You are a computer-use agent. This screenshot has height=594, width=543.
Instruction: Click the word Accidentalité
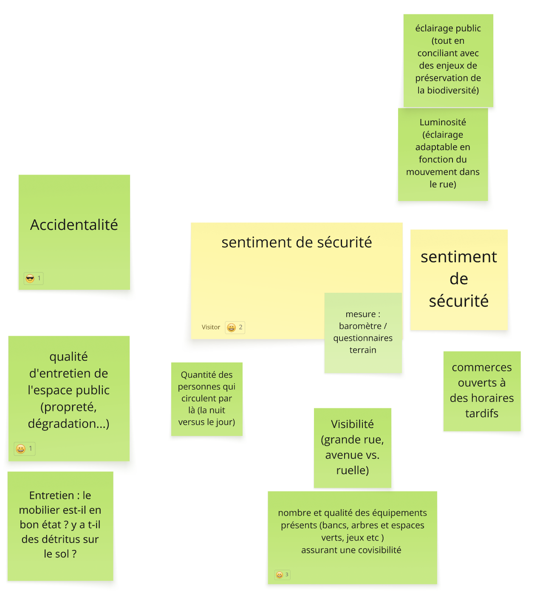tap(74, 225)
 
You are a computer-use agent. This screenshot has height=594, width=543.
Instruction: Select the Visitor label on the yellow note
tap(211, 327)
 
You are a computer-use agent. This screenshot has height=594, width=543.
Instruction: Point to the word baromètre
tap(360, 326)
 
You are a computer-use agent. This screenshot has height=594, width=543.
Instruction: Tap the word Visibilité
tap(352, 424)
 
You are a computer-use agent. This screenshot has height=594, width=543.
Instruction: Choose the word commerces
tap(481, 367)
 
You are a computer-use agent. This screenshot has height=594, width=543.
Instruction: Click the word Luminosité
tap(443, 122)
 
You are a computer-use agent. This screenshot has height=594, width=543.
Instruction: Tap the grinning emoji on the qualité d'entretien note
tap(21, 449)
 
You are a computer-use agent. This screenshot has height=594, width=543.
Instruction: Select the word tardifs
tap(481, 413)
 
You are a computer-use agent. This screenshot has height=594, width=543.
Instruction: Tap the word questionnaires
tap(362, 338)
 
